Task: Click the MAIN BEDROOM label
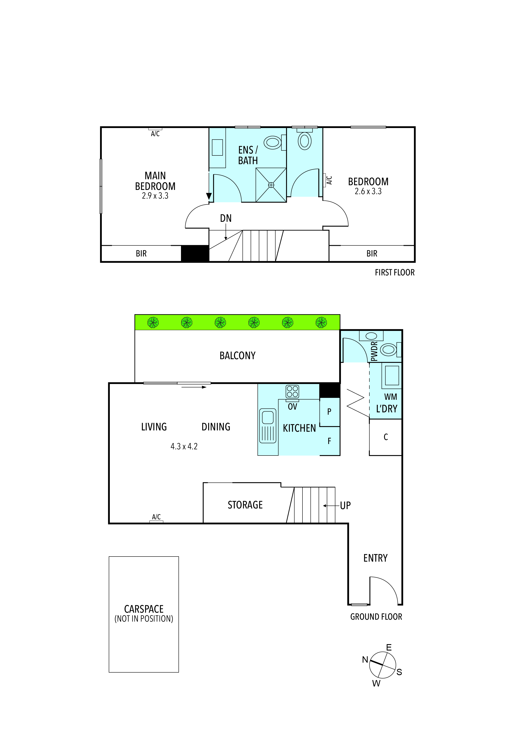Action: pos(155,181)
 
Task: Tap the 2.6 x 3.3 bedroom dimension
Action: pos(368,191)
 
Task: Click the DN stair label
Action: pos(226,218)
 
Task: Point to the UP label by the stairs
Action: pos(345,505)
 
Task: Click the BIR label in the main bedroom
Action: pos(141,253)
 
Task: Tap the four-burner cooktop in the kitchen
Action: pos(292,392)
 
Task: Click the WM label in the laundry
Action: pos(390,397)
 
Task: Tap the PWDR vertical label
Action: pos(374,351)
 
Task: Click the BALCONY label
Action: pos(237,356)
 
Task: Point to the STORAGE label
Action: pos(245,505)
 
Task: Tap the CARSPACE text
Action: pos(144,609)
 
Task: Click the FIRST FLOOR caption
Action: pos(395,273)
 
